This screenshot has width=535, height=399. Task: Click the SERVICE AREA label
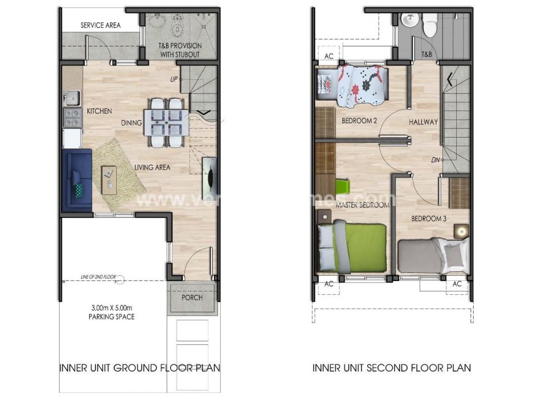tap(100, 25)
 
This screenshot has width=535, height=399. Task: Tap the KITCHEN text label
tap(99, 111)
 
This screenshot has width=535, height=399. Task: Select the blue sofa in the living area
tap(77, 180)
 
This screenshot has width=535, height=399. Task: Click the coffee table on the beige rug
tap(109, 179)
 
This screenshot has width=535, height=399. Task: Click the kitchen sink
tap(72, 99)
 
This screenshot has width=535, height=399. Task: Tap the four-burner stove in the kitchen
tap(72, 118)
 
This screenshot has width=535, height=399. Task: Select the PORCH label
tap(192, 297)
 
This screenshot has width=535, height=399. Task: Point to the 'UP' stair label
tap(174, 80)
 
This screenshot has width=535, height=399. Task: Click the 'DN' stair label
tap(435, 160)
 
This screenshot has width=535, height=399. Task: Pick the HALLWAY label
tap(423, 122)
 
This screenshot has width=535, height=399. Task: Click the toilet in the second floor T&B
tap(430, 25)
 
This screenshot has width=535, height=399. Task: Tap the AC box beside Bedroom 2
tap(328, 56)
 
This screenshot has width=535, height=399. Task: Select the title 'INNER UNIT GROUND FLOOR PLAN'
tap(139, 368)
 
